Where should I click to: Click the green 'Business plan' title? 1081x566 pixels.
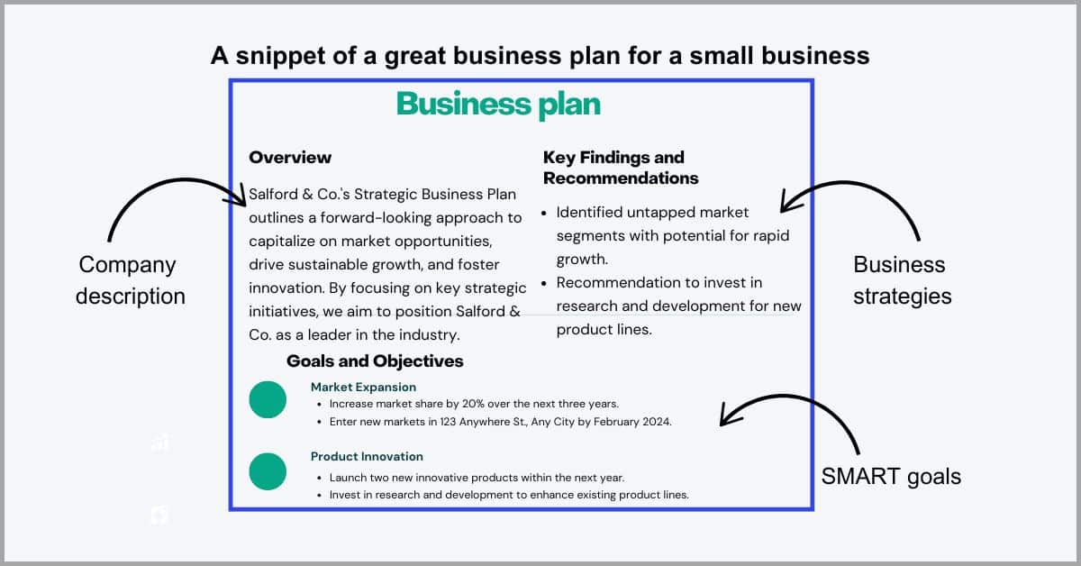[x=498, y=104]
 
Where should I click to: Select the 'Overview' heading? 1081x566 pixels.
[x=290, y=158]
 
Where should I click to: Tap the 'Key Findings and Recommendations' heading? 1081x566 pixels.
[x=621, y=168]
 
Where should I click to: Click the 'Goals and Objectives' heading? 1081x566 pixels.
[x=375, y=361]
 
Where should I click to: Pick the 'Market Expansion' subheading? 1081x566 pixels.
[x=363, y=388]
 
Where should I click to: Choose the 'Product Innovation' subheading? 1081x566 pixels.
[x=367, y=456]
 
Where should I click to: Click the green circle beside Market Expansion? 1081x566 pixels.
[x=268, y=399]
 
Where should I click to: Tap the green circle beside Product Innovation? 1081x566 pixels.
[x=268, y=471]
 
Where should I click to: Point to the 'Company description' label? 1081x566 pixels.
[x=131, y=280]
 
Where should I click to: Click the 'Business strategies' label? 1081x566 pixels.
[x=902, y=280]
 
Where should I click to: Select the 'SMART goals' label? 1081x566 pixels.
[x=891, y=477]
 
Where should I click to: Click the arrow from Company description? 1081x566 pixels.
[x=179, y=180]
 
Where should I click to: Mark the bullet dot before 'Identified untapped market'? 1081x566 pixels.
[x=544, y=213]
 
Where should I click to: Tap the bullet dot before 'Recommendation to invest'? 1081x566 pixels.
[x=544, y=284]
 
